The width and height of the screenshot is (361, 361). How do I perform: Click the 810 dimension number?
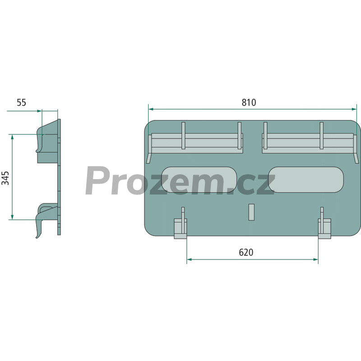tap(249, 102)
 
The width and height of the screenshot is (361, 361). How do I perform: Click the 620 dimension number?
tap(246, 252)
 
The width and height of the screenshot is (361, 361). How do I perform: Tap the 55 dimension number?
tap(21, 102)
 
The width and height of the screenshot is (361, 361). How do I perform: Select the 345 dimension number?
tap(5, 178)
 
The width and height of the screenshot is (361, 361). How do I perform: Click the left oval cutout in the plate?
tap(199, 180)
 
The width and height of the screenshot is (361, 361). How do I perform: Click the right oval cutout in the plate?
tap(306, 180)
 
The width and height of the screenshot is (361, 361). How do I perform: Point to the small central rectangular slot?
tap(251, 212)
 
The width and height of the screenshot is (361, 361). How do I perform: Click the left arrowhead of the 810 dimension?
tap(151, 109)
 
